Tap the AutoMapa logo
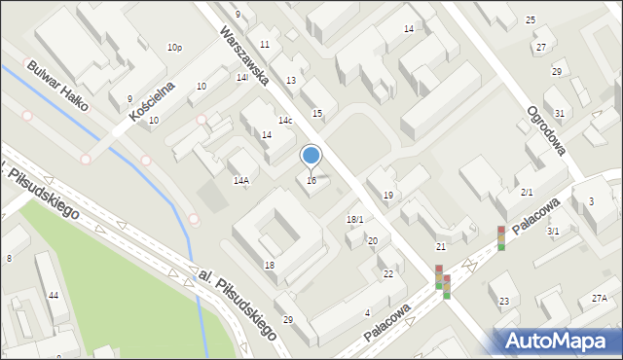point(556,341)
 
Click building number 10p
point(174,48)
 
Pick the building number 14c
point(285,121)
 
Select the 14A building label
point(240,180)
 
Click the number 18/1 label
point(354,220)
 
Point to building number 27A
point(599,300)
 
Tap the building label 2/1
point(527,193)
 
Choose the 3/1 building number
point(553,232)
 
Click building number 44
point(54,295)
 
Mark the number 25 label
point(531,20)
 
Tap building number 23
point(503,302)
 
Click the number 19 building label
point(388,196)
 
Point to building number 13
point(290,80)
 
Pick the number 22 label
point(388,274)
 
